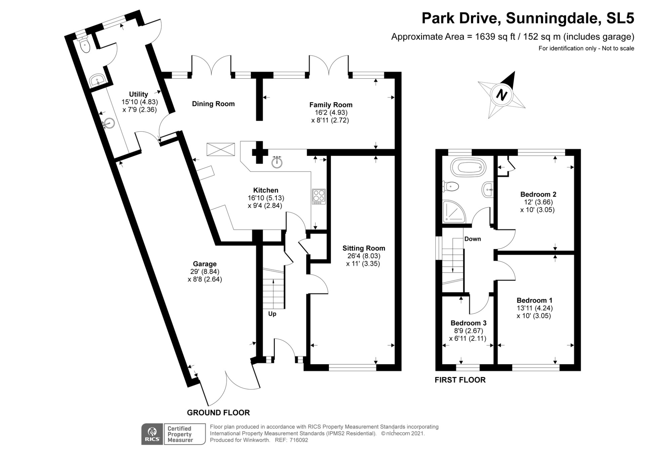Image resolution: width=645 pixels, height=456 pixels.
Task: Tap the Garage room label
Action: click(205, 264)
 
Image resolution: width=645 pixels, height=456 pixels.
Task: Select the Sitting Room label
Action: click(364, 248)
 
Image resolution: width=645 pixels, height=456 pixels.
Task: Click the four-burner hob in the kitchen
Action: click(319, 197)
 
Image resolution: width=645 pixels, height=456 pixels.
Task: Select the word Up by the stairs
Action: click(272, 314)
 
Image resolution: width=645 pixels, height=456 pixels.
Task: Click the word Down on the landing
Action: click(473, 239)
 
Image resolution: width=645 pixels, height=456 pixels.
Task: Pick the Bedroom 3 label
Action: click(468, 323)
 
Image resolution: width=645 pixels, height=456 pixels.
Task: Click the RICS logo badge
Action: click(152, 434)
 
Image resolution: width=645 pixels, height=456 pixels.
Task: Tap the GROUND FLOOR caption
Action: click(218, 413)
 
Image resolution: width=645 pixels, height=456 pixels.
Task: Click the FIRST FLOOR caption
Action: click(460, 380)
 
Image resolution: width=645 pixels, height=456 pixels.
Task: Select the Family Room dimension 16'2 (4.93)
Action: click(330, 113)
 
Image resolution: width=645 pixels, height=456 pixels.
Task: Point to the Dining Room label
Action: click(213, 104)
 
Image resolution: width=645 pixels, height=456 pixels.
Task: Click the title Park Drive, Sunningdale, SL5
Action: click(528, 18)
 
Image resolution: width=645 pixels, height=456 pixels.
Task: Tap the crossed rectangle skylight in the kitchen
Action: click(221, 149)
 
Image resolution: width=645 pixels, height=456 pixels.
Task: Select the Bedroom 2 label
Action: click(538, 194)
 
